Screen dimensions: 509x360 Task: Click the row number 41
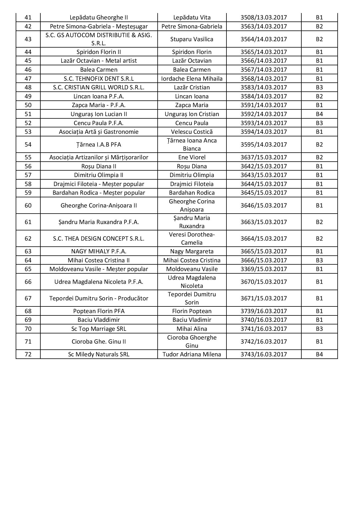point(28,17)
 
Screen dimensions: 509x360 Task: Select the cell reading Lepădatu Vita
point(192,17)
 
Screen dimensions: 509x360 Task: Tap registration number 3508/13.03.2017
point(264,17)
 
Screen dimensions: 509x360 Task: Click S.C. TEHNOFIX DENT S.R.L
point(99,79)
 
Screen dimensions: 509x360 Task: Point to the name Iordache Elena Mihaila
point(192,79)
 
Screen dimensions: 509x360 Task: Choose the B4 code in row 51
point(319,114)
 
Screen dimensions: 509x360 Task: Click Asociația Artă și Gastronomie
point(99,132)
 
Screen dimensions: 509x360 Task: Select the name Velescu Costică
point(192,132)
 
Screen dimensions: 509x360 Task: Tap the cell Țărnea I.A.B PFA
point(99,145)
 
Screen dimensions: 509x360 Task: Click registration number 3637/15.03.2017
point(264,157)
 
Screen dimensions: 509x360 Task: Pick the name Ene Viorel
point(192,157)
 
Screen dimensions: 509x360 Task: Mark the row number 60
point(28,205)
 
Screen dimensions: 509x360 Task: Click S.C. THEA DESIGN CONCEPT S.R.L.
point(99,239)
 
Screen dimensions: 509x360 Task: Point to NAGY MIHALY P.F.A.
point(99,251)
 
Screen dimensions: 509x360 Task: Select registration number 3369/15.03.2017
point(264,269)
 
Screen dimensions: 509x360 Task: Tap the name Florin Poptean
point(192,311)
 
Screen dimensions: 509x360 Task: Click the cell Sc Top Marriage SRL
point(99,329)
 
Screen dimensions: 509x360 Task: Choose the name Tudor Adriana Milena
point(192,354)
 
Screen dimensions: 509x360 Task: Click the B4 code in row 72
point(319,354)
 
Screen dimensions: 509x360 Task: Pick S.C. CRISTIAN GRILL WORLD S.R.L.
point(99,87)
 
